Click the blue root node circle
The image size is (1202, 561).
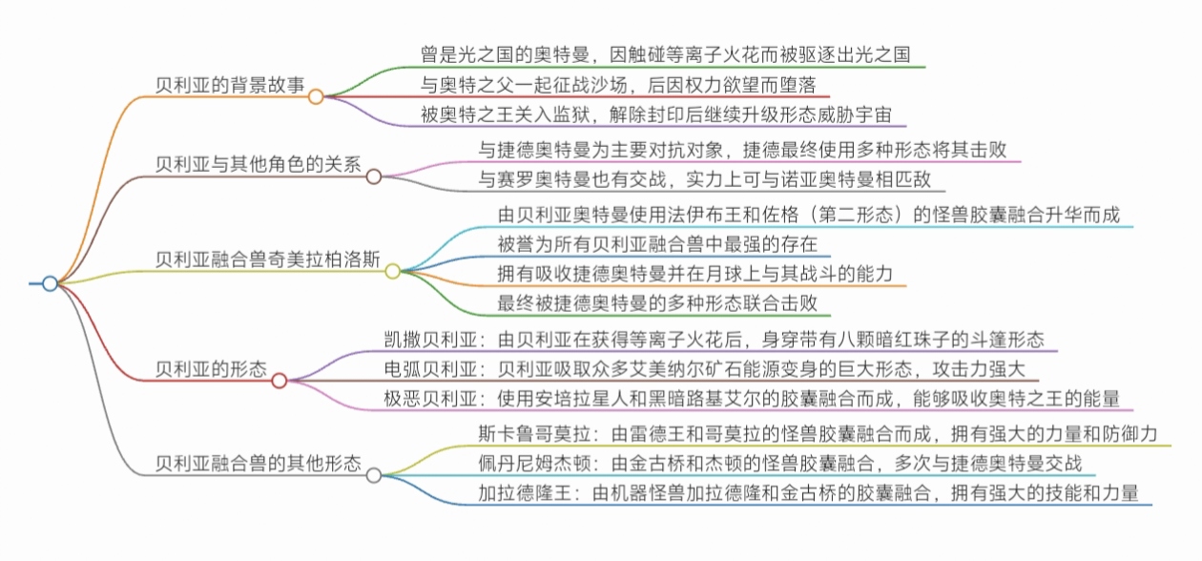click(x=50, y=282)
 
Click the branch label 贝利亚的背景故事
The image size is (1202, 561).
click(x=230, y=84)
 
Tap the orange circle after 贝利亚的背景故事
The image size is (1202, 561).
click(x=316, y=95)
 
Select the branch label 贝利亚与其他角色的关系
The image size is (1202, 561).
click(x=259, y=163)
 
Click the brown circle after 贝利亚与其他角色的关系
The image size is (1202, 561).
click(x=374, y=176)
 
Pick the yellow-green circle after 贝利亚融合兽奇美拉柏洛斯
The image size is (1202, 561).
click(x=392, y=271)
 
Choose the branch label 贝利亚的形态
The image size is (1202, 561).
click(x=211, y=368)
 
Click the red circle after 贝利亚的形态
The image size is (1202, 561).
click(x=279, y=381)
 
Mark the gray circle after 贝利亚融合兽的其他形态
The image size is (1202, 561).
click(x=374, y=475)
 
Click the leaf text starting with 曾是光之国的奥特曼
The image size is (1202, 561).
click(x=672, y=53)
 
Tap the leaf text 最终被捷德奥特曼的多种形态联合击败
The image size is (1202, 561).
click(x=657, y=304)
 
